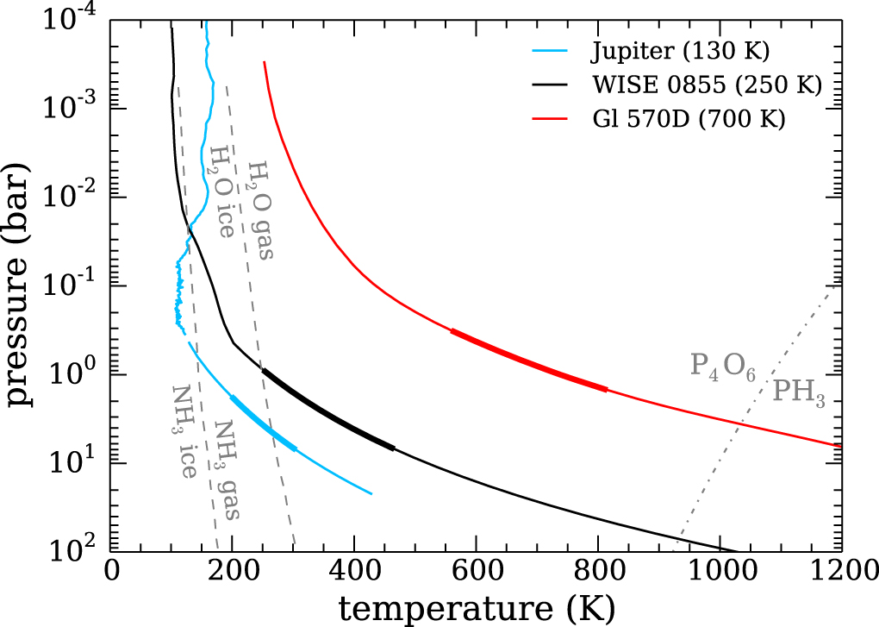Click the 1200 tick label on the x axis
[x=840, y=572]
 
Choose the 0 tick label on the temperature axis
[x=110, y=572]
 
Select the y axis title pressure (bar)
[x=21, y=285]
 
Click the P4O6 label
[x=723, y=366]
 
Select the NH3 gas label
[x=227, y=469]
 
